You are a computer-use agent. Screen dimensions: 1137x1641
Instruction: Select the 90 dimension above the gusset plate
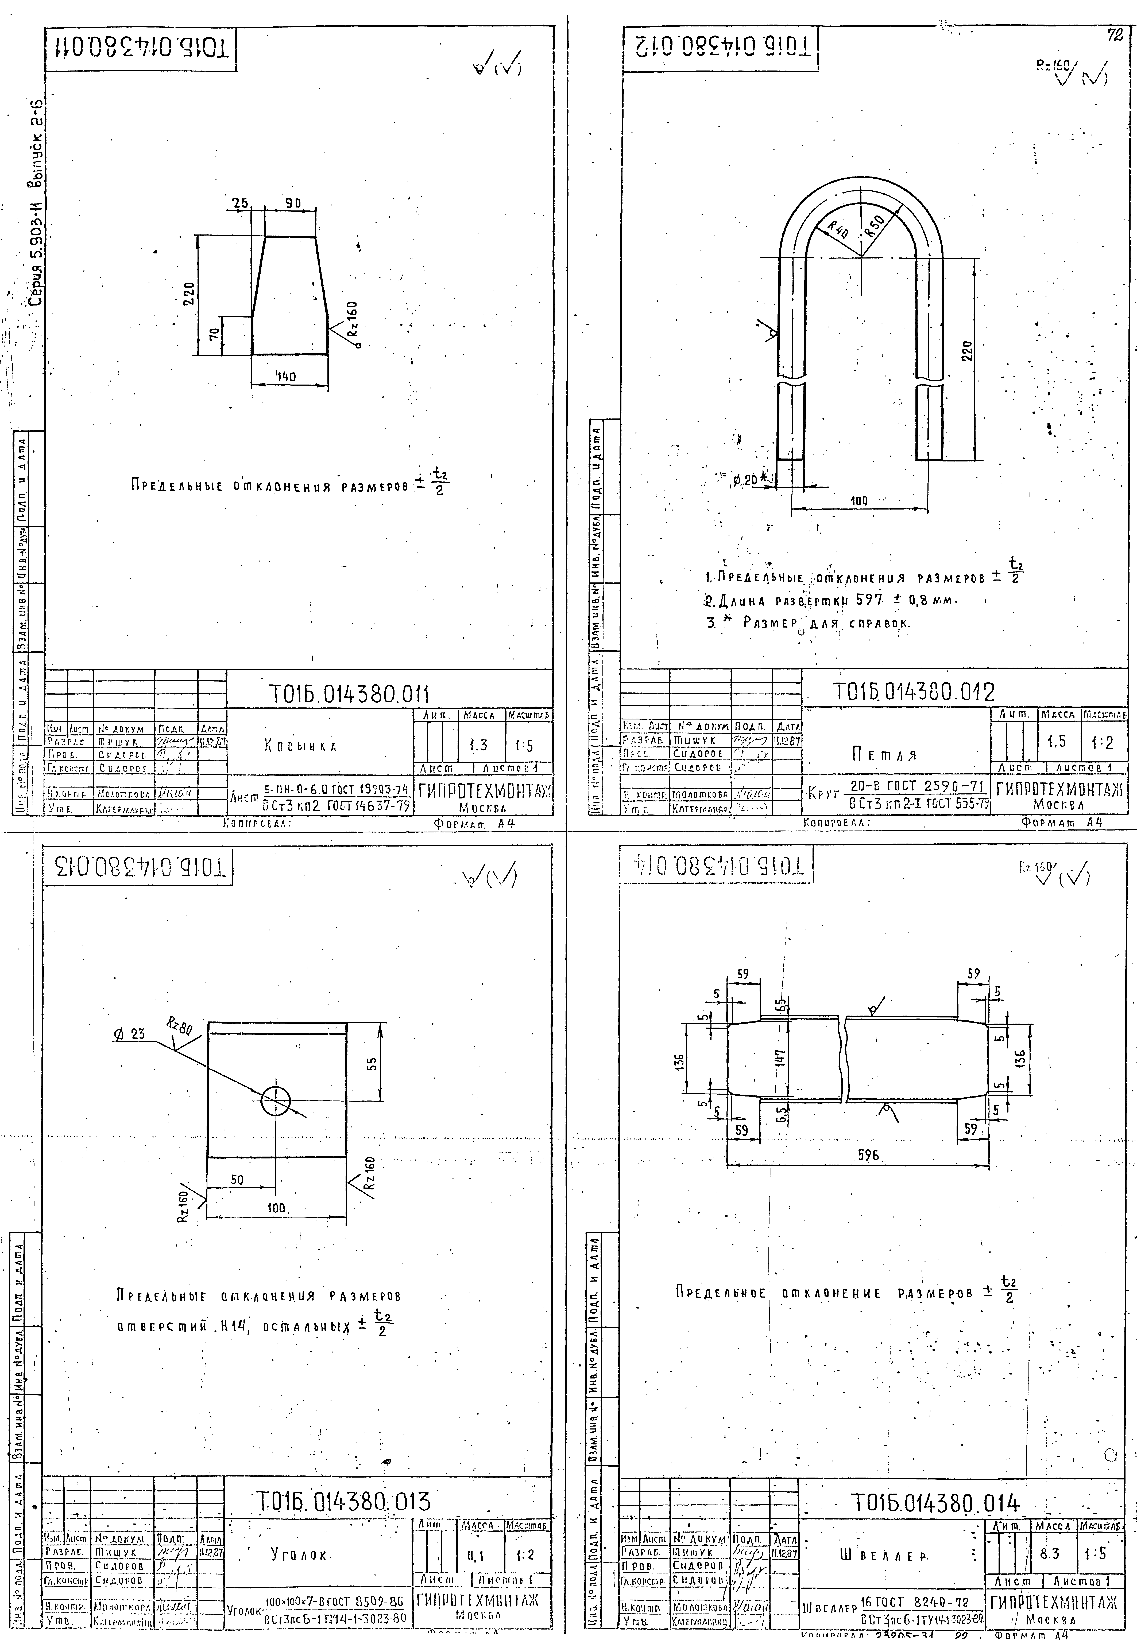tap(293, 203)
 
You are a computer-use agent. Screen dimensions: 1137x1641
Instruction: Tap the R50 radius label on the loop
tap(874, 225)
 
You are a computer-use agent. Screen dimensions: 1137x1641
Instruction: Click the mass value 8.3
tap(1049, 1554)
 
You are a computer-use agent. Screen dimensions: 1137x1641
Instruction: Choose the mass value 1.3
tap(478, 745)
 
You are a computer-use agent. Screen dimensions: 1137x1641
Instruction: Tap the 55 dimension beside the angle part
tap(371, 1064)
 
